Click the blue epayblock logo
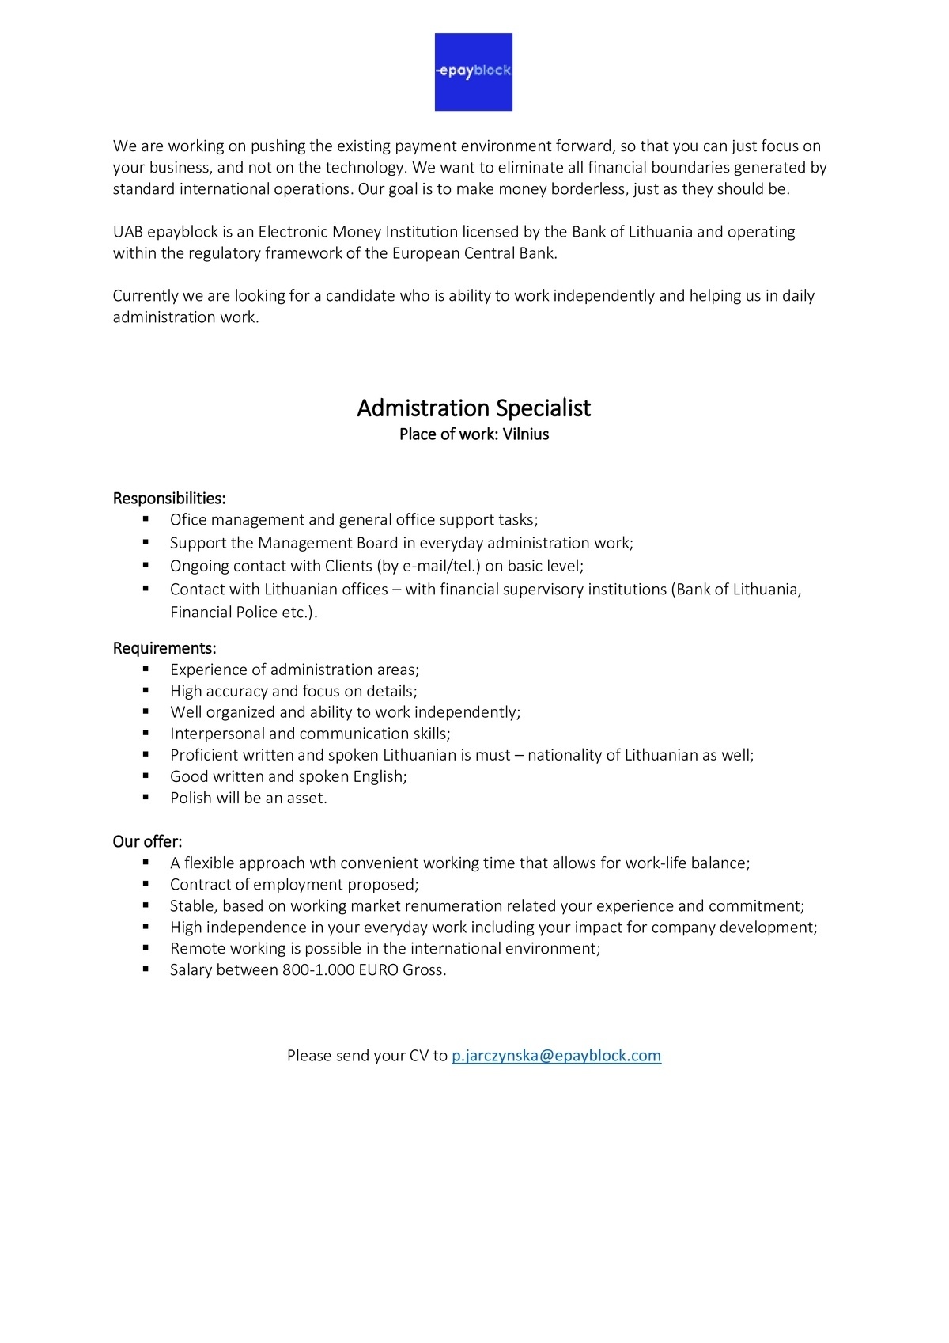point(474,72)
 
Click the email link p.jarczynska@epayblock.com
point(556,1055)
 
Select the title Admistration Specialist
point(474,408)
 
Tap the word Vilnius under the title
point(526,434)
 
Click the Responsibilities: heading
point(169,498)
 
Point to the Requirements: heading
point(164,648)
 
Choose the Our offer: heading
point(147,841)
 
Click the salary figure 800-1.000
point(318,969)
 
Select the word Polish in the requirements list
point(191,798)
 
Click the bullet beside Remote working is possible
point(146,947)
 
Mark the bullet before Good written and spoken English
point(146,776)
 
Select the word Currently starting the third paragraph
point(146,296)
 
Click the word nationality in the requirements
point(565,755)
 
